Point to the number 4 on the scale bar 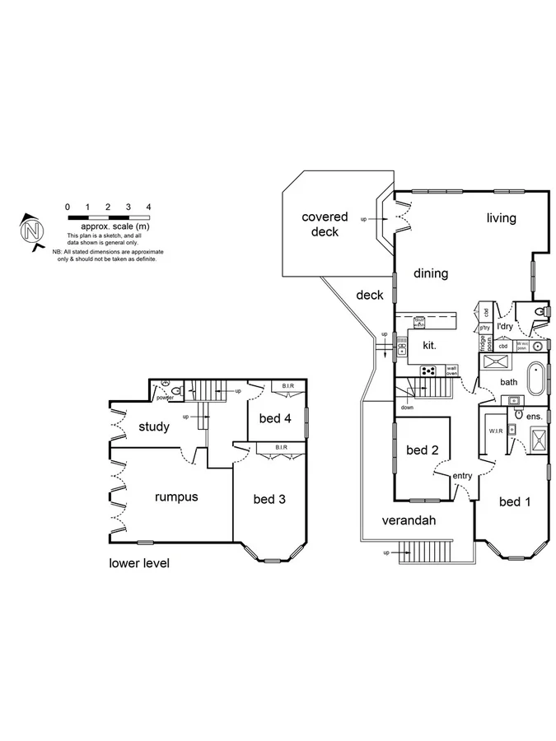click(x=148, y=207)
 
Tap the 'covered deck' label click(x=325, y=224)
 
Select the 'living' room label click(x=501, y=218)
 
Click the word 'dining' click(x=431, y=273)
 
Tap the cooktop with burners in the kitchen click(x=428, y=370)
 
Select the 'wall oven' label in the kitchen click(x=451, y=370)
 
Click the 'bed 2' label click(x=422, y=450)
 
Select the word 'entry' click(x=462, y=475)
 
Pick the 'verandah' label click(x=408, y=520)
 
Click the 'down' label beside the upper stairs click(x=407, y=407)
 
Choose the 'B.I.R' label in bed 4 click(x=288, y=385)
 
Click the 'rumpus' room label click(x=177, y=497)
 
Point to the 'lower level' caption click(x=139, y=564)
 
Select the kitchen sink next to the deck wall click(x=402, y=351)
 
